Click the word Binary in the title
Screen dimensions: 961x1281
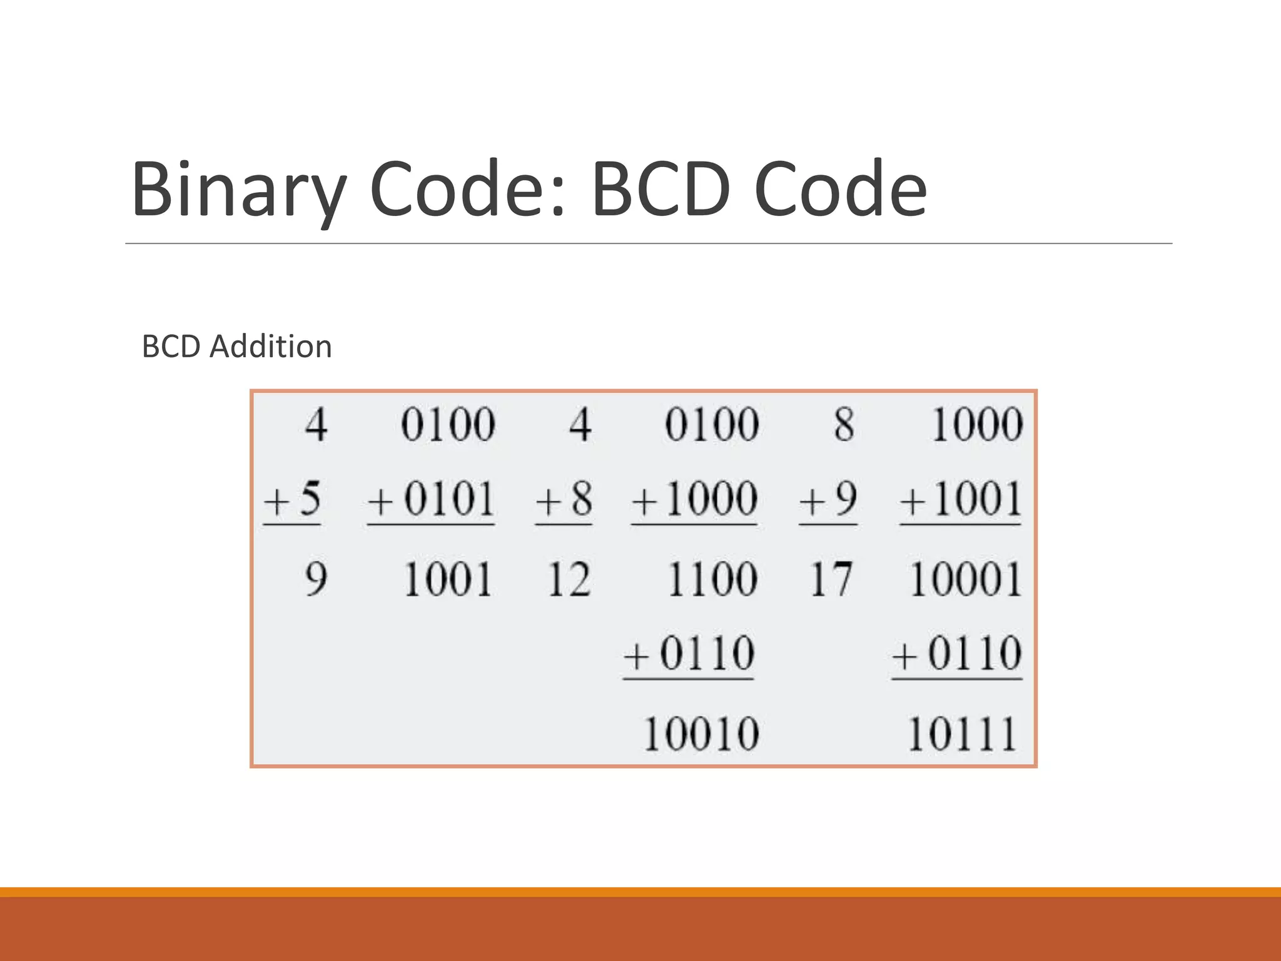[238, 190]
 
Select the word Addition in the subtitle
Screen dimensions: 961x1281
[270, 347]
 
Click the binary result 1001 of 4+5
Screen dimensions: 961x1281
[448, 579]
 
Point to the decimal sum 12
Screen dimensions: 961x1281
[569, 579]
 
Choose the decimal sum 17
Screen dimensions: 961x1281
[831, 579]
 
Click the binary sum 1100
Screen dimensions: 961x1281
[712, 579]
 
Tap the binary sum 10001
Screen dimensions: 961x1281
[965, 579]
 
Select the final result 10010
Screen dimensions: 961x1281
[701, 733]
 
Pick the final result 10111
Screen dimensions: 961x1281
[961, 733]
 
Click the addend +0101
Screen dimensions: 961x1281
[432, 499]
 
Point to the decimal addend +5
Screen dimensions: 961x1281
[293, 499]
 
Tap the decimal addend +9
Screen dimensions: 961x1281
[828, 499]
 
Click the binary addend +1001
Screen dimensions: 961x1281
[961, 499]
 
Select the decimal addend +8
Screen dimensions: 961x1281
[564, 499]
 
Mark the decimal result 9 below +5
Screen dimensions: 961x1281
[316, 579]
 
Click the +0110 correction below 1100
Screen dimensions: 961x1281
[689, 654]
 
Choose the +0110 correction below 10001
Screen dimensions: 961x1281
[957, 654]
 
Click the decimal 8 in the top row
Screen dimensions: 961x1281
[844, 424]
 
